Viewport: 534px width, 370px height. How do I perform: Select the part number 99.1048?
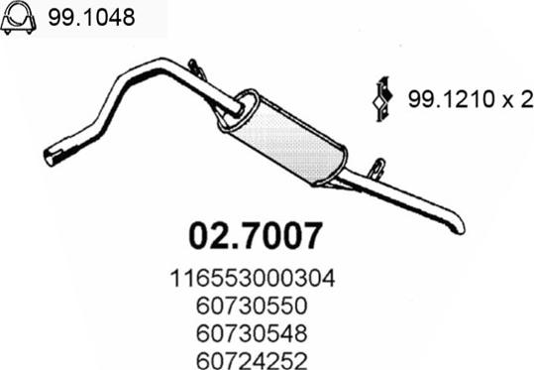tap(91, 17)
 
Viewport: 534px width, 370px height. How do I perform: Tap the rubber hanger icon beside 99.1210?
tap(382, 98)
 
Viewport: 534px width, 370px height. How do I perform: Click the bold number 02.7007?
tap(256, 236)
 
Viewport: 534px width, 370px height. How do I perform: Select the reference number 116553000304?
tap(253, 279)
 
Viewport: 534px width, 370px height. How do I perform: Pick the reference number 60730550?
tap(252, 306)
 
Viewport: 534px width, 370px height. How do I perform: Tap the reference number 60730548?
tap(252, 333)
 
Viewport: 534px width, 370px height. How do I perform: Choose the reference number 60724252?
tap(252, 360)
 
